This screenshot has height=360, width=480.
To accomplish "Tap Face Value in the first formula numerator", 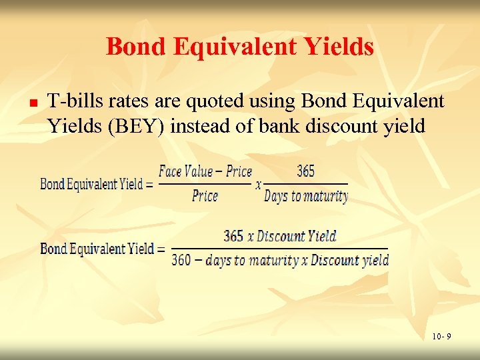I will (x=185, y=171).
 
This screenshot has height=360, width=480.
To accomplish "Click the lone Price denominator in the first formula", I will (x=205, y=196).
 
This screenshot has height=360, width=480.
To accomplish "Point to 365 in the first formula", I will (x=305, y=171).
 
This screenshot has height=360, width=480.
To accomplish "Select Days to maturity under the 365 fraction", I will (x=306, y=196).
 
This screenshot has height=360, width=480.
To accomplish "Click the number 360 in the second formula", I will (x=181, y=261).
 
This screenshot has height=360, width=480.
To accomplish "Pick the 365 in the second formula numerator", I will (x=233, y=236).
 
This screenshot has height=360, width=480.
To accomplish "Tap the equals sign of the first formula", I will (x=149, y=184).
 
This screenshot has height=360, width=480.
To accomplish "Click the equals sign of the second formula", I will (x=161, y=249).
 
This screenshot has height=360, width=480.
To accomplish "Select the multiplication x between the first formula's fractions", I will (x=258, y=185).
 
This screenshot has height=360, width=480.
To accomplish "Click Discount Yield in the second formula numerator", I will (x=297, y=236).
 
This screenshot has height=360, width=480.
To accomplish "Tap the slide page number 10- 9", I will (x=440, y=337).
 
